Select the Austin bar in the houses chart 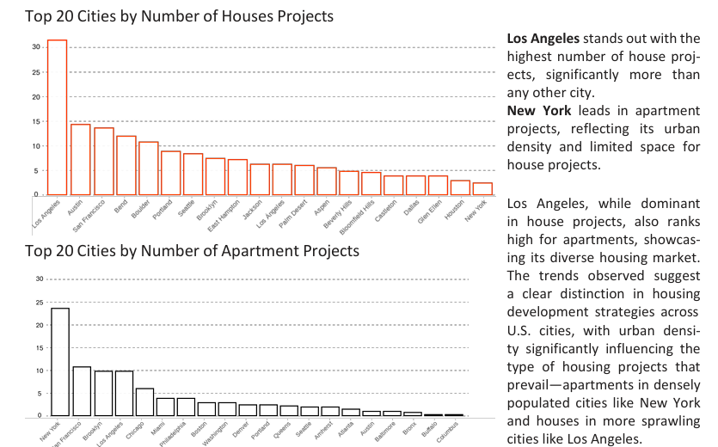click(x=81, y=159)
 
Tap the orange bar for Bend click(x=126, y=165)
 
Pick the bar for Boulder click(x=148, y=168)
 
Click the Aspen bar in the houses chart click(x=327, y=181)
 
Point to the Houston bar click(x=461, y=187)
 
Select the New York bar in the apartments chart click(x=60, y=362)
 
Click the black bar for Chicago click(x=144, y=402)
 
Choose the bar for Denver click(x=248, y=410)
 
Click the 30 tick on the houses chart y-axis click(x=36, y=46)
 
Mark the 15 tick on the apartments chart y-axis click(x=39, y=348)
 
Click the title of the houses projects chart click(x=180, y=15)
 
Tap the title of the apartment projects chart click(x=192, y=251)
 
